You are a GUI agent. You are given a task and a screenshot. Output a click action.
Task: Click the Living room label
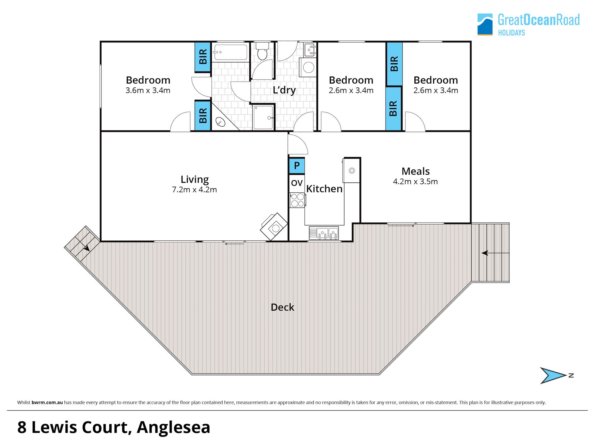click(x=195, y=179)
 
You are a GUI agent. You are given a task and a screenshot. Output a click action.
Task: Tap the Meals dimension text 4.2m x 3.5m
click(x=415, y=181)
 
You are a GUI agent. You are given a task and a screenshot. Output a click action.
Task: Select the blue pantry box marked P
click(x=297, y=166)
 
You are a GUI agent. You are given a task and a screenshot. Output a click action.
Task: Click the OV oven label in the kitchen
click(x=297, y=183)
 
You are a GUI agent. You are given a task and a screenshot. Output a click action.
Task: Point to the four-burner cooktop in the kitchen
click(x=297, y=200)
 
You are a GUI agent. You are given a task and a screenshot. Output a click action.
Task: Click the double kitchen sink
click(x=324, y=233)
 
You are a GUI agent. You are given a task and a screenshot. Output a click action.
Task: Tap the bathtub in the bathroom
click(x=230, y=52)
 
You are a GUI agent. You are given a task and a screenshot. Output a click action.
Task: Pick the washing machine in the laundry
click(x=308, y=67)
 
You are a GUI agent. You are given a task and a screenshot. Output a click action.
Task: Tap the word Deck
click(x=282, y=307)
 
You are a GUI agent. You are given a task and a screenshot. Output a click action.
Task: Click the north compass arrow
click(x=553, y=375)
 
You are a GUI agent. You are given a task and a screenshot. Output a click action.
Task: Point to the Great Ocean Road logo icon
click(x=485, y=24)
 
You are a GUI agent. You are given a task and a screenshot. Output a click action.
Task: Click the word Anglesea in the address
click(x=174, y=427)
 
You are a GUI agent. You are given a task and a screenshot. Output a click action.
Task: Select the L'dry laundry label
click(x=284, y=90)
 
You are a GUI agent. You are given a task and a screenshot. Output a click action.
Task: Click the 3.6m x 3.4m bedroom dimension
click(x=148, y=90)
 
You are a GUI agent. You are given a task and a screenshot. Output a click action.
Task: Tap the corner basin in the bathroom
click(x=220, y=122)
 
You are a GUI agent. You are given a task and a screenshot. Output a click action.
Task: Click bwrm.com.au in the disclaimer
click(x=47, y=402)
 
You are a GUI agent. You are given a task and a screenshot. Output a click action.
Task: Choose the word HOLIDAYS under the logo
click(x=511, y=33)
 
